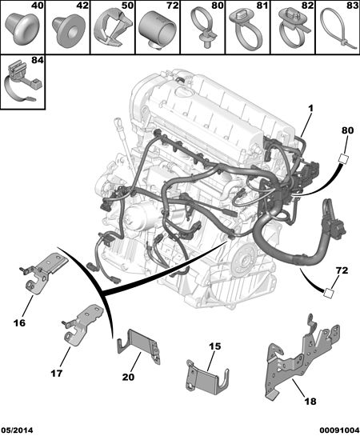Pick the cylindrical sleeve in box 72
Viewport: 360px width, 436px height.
pos(158,30)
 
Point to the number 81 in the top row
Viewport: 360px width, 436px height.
pos(261,6)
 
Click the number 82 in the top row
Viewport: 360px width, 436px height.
pos(306,6)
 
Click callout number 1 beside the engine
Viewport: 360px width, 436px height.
pos(310,108)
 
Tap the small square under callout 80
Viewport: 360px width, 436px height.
pos(343,158)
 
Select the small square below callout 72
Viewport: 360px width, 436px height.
pos(329,293)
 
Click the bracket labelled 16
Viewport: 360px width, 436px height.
pos(45,274)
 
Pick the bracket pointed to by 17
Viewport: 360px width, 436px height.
pos(83,324)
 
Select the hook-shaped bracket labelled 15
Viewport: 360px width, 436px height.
pos(206,378)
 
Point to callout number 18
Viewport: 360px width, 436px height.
pos(310,402)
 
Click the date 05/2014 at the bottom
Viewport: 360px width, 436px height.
pos(17,430)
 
